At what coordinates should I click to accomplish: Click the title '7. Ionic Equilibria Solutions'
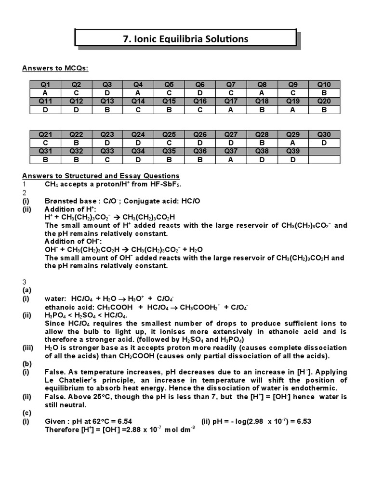click(x=185, y=39)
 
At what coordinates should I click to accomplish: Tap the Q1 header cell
click(x=45, y=85)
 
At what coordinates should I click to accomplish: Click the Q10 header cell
click(x=324, y=85)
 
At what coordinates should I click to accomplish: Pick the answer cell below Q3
click(x=107, y=93)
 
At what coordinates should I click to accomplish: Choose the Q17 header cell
click(x=231, y=101)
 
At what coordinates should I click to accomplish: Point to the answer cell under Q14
click(x=138, y=109)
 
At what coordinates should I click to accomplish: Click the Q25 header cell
click(x=169, y=135)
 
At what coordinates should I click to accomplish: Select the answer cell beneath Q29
click(x=293, y=143)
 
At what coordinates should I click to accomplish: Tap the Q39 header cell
click(x=293, y=151)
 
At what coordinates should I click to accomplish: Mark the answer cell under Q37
click(x=231, y=159)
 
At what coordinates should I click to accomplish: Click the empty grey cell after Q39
click(x=324, y=151)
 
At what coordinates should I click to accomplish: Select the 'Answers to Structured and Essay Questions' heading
click(x=101, y=176)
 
